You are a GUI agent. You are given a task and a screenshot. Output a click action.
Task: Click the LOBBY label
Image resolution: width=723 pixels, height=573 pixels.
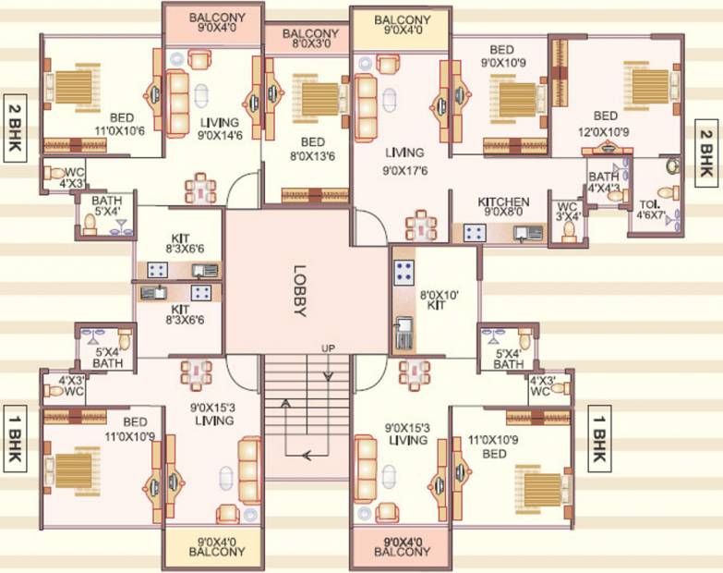pyautogui.click(x=300, y=290)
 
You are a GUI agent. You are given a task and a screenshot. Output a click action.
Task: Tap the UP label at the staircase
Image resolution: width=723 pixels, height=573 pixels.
pyautogui.click(x=329, y=348)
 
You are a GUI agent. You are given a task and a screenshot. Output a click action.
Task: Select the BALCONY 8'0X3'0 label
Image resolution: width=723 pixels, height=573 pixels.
pyautogui.click(x=310, y=39)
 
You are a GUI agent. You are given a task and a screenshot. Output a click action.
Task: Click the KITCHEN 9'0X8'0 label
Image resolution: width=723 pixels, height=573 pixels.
pyautogui.click(x=503, y=207)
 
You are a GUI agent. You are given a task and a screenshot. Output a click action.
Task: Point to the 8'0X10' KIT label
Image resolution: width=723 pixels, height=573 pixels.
pyautogui.click(x=439, y=300)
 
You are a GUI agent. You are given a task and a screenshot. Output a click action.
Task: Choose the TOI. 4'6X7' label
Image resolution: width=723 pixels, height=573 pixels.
pyautogui.click(x=651, y=210)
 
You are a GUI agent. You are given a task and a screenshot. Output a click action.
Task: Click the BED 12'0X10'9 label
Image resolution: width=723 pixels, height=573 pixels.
pyautogui.click(x=604, y=124)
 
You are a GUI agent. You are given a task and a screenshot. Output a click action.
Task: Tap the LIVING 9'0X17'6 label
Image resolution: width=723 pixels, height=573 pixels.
pyautogui.click(x=404, y=162)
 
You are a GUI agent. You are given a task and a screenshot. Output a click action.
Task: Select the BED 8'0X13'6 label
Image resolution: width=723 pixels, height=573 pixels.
pyautogui.click(x=313, y=149)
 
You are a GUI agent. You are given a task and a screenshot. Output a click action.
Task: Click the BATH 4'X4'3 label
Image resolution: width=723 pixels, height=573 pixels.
pyautogui.click(x=604, y=182)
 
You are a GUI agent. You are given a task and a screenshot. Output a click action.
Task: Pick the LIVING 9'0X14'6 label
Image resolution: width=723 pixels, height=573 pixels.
pyautogui.click(x=220, y=128)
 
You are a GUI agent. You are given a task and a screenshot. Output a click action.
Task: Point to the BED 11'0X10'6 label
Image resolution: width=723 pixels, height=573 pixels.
pyautogui.click(x=120, y=125)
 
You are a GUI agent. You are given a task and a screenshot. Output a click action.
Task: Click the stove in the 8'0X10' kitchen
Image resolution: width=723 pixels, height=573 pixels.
pyautogui.click(x=404, y=272)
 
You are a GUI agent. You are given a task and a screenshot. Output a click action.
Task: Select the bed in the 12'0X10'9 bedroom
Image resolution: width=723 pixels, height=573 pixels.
pyautogui.click(x=651, y=87)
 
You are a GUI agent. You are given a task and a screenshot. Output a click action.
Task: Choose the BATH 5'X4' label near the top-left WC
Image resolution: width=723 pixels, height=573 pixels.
pyautogui.click(x=106, y=206)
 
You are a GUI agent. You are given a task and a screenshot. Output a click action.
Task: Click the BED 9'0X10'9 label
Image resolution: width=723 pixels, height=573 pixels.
pyautogui.click(x=502, y=55)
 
